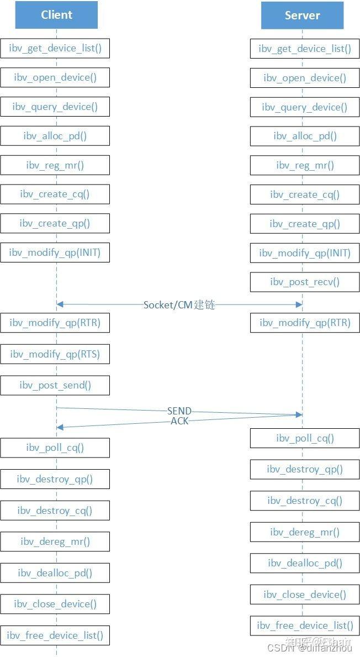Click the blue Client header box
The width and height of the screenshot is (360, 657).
pyautogui.click(x=56, y=15)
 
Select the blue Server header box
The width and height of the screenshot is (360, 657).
pyautogui.click(x=302, y=15)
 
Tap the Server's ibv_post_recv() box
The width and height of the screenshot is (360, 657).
pyautogui.click(x=305, y=282)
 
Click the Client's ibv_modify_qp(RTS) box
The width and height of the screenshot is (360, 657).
pyautogui.click(x=55, y=354)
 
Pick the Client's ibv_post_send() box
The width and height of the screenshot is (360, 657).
pyautogui.click(x=55, y=385)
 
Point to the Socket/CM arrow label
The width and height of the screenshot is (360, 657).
pyautogui.click(x=179, y=304)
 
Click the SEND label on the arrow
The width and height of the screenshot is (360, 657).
pyautogui.click(x=179, y=411)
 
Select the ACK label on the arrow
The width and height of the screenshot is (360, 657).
pyautogui.click(x=179, y=421)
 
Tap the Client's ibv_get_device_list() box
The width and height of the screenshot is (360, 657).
pyautogui.click(x=55, y=48)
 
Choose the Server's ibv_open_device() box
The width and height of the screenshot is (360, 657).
pyautogui.click(x=305, y=78)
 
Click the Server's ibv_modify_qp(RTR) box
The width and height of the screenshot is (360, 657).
pyautogui.click(x=305, y=323)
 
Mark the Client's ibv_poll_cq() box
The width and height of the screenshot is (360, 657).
pyautogui.click(x=55, y=448)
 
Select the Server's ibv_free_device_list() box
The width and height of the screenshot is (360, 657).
pyautogui.click(x=305, y=626)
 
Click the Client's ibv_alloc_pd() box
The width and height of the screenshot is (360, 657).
pyautogui.click(x=55, y=136)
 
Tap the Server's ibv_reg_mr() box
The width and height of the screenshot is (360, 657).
pyautogui.click(x=305, y=165)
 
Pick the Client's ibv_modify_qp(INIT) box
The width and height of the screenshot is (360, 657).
pyautogui.click(x=55, y=253)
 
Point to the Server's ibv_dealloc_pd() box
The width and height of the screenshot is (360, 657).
pyautogui.click(x=305, y=563)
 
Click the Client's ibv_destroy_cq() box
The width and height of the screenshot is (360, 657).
pyautogui.click(x=55, y=511)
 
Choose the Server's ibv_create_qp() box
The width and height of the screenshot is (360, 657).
pyautogui.click(x=305, y=224)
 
